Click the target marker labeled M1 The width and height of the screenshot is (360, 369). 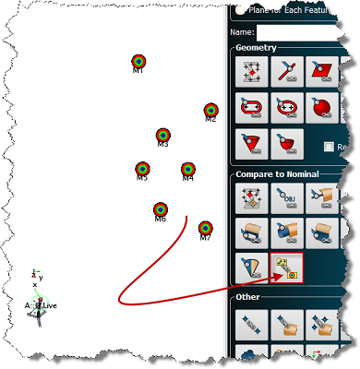[138, 62]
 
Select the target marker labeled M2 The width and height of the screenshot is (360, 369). [210, 110]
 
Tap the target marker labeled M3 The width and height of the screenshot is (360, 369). [162, 136]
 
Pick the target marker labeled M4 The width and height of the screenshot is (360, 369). [187, 170]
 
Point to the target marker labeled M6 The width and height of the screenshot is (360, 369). [160, 210]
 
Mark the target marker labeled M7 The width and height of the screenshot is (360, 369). [205, 228]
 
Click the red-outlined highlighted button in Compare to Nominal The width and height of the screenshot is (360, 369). [286, 267]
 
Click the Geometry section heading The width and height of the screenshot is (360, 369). [255, 47]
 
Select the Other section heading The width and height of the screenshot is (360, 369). [248, 297]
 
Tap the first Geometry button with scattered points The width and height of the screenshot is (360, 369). [251, 71]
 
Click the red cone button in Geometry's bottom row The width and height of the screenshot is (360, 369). [251, 142]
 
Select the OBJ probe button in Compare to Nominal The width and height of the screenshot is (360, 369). [287, 197]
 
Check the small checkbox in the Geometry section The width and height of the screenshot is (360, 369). [330, 147]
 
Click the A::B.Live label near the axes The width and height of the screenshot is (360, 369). [41, 304]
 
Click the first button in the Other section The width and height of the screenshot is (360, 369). [251, 322]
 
